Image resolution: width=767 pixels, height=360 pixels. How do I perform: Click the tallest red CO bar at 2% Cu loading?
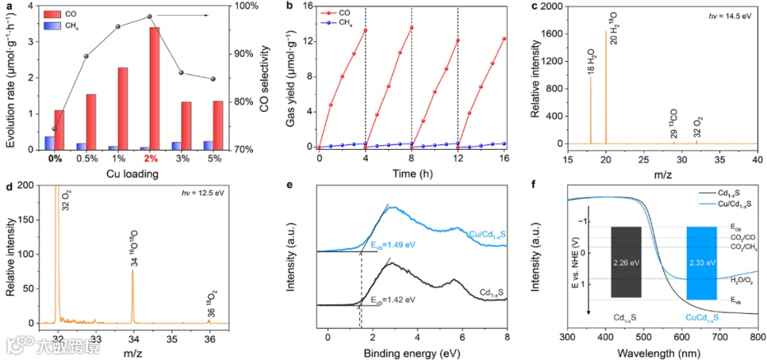pos(153,88)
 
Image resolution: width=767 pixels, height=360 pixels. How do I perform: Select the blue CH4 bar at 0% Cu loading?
pos(49,143)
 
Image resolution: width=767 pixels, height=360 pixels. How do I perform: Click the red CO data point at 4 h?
pos(364,30)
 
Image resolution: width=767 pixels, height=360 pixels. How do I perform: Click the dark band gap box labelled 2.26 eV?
pos(626,262)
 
